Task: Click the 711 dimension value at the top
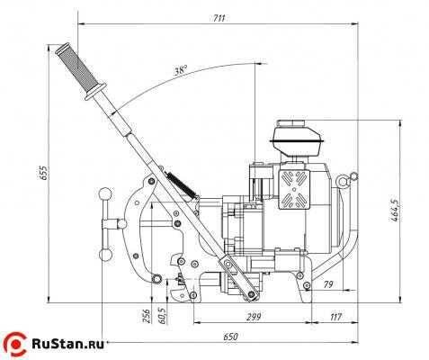click(x=219, y=18)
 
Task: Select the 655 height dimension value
click(x=44, y=173)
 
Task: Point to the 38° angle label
click(x=181, y=70)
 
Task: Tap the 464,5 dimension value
click(x=396, y=211)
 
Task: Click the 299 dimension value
click(x=254, y=317)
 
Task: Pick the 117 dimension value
click(x=335, y=317)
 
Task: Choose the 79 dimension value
click(x=328, y=284)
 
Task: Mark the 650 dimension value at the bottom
click(x=230, y=337)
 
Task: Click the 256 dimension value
click(x=147, y=316)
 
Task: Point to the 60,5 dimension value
click(x=163, y=315)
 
